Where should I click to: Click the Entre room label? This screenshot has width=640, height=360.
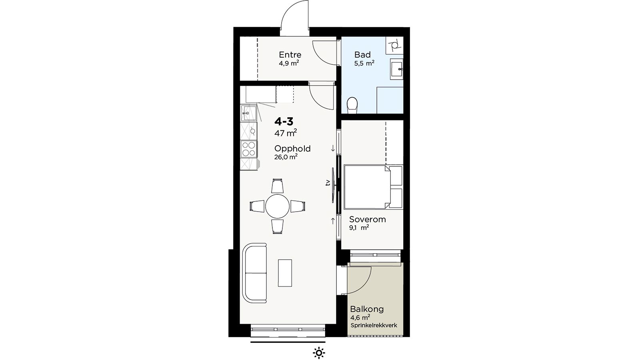[x=290, y=54]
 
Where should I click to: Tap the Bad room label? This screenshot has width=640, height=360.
[x=362, y=54]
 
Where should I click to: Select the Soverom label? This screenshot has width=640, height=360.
[x=368, y=220]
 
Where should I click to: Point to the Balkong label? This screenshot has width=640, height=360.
[x=367, y=309]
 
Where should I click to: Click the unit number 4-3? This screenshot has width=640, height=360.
[x=284, y=122]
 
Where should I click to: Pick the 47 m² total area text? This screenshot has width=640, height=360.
[x=286, y=133]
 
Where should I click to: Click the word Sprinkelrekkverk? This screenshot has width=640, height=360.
[x=374, y=326]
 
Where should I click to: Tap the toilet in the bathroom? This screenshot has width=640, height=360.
[x=352, y=105]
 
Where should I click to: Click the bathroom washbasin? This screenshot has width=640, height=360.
[x=396, y=69]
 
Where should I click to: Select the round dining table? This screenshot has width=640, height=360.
[x=277, y=206]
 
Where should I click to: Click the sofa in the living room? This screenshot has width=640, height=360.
[x=255, y=273]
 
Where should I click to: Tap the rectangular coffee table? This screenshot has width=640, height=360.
[x=285, y=273]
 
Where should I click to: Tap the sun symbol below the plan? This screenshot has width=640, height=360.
[x=319, y=353]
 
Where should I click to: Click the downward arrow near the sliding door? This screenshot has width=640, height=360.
[x=333, y=148]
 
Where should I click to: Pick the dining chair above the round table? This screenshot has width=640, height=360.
[x=277, y=186]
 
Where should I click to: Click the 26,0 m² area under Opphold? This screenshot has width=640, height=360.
[x=286, y=157]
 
